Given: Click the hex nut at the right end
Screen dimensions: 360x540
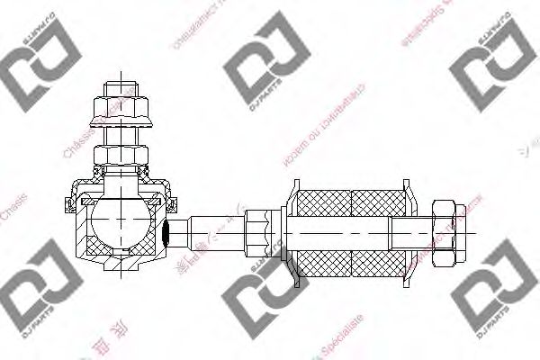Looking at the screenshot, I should [448, 232].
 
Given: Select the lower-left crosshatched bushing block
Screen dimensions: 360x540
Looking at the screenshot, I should [324, 261].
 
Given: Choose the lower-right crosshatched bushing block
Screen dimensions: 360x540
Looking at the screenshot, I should [378, 261].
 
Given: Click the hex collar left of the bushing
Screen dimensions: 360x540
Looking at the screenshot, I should [260, 231].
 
